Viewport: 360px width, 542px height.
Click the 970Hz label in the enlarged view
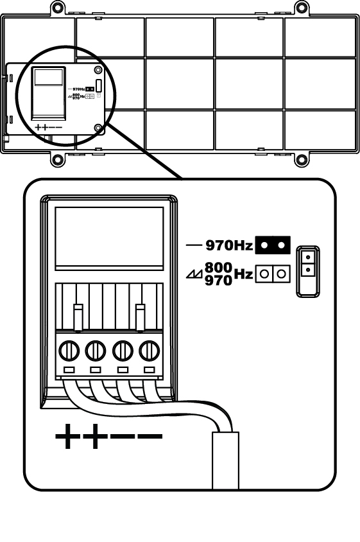click(x=229, y=245)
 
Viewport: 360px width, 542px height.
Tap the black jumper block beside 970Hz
click(x=273, y=245)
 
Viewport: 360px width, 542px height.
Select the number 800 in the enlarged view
click(x=218, y=267)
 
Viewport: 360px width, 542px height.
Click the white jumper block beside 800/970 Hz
click(x=273, y=274)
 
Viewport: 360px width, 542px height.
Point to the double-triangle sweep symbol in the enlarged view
click(x=194, y=274)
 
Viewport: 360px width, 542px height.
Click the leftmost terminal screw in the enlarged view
click(x=69, y=351)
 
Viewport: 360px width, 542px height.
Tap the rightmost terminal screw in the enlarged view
click(x=150, y=351)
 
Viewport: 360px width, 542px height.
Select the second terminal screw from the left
click(x=96, y=351)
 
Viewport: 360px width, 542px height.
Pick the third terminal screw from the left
click(x=123, y=351)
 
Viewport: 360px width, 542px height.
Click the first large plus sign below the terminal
click(x=68, y=436)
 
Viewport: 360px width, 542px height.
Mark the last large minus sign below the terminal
click(x=150, y=436)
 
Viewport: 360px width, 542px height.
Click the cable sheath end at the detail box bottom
click(x=225, y=460)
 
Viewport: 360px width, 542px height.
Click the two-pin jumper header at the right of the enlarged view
click(x=308, y=271)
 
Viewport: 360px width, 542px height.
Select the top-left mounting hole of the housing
click(x=57, y=7)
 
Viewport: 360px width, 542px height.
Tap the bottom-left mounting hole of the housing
click(x=57, y=160)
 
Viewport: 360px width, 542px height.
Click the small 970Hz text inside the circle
click(x=79, y=89)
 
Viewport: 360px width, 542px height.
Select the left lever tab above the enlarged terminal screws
click(x=78, y=317)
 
